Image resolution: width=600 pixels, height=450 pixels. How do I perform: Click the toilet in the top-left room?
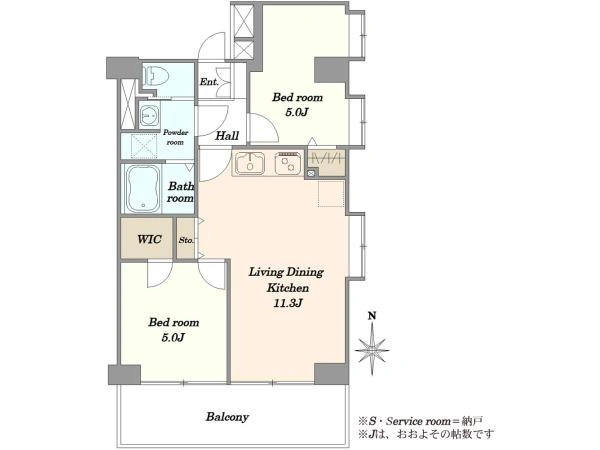point(155,75)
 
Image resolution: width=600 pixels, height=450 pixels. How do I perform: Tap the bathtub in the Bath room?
point(143,189)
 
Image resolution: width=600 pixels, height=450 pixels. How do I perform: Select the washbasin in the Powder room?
point(148,114)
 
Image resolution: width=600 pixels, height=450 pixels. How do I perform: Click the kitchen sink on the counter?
point(250,163)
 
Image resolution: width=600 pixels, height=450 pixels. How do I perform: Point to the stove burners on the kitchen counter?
point(289,163)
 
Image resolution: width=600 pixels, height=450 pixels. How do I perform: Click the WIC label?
point(149,240)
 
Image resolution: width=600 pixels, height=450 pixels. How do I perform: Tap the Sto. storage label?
point(186,240)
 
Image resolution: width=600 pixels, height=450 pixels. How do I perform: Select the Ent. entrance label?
point(209,82)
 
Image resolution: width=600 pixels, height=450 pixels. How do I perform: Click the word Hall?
point(227,135)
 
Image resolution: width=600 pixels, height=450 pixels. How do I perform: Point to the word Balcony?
point(227,416)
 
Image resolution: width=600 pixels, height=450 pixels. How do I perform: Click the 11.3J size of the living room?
point(288,303)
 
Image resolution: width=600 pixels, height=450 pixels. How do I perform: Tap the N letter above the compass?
point(372,316)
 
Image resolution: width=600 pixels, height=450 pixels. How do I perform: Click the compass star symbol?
point(372,350)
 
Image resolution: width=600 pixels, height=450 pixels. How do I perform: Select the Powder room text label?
point(176,137)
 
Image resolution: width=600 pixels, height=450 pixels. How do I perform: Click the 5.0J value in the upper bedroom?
point(297,112)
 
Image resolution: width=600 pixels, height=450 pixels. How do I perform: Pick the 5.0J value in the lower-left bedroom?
point(173,338)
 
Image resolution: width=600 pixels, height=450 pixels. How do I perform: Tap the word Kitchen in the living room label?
point(288,288)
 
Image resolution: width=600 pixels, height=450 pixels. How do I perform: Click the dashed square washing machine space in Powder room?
point(144,146)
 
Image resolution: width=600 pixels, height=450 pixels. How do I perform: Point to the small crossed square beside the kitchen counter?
point(311,173)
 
